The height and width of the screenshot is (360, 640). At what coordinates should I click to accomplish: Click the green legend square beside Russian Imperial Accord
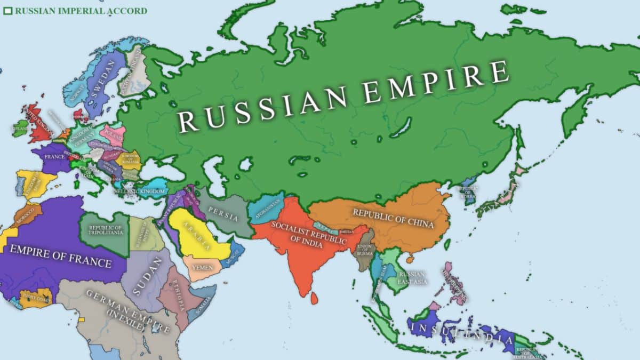tap(7, 11)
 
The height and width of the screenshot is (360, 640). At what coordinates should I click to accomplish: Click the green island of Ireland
tap(20, 129)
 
